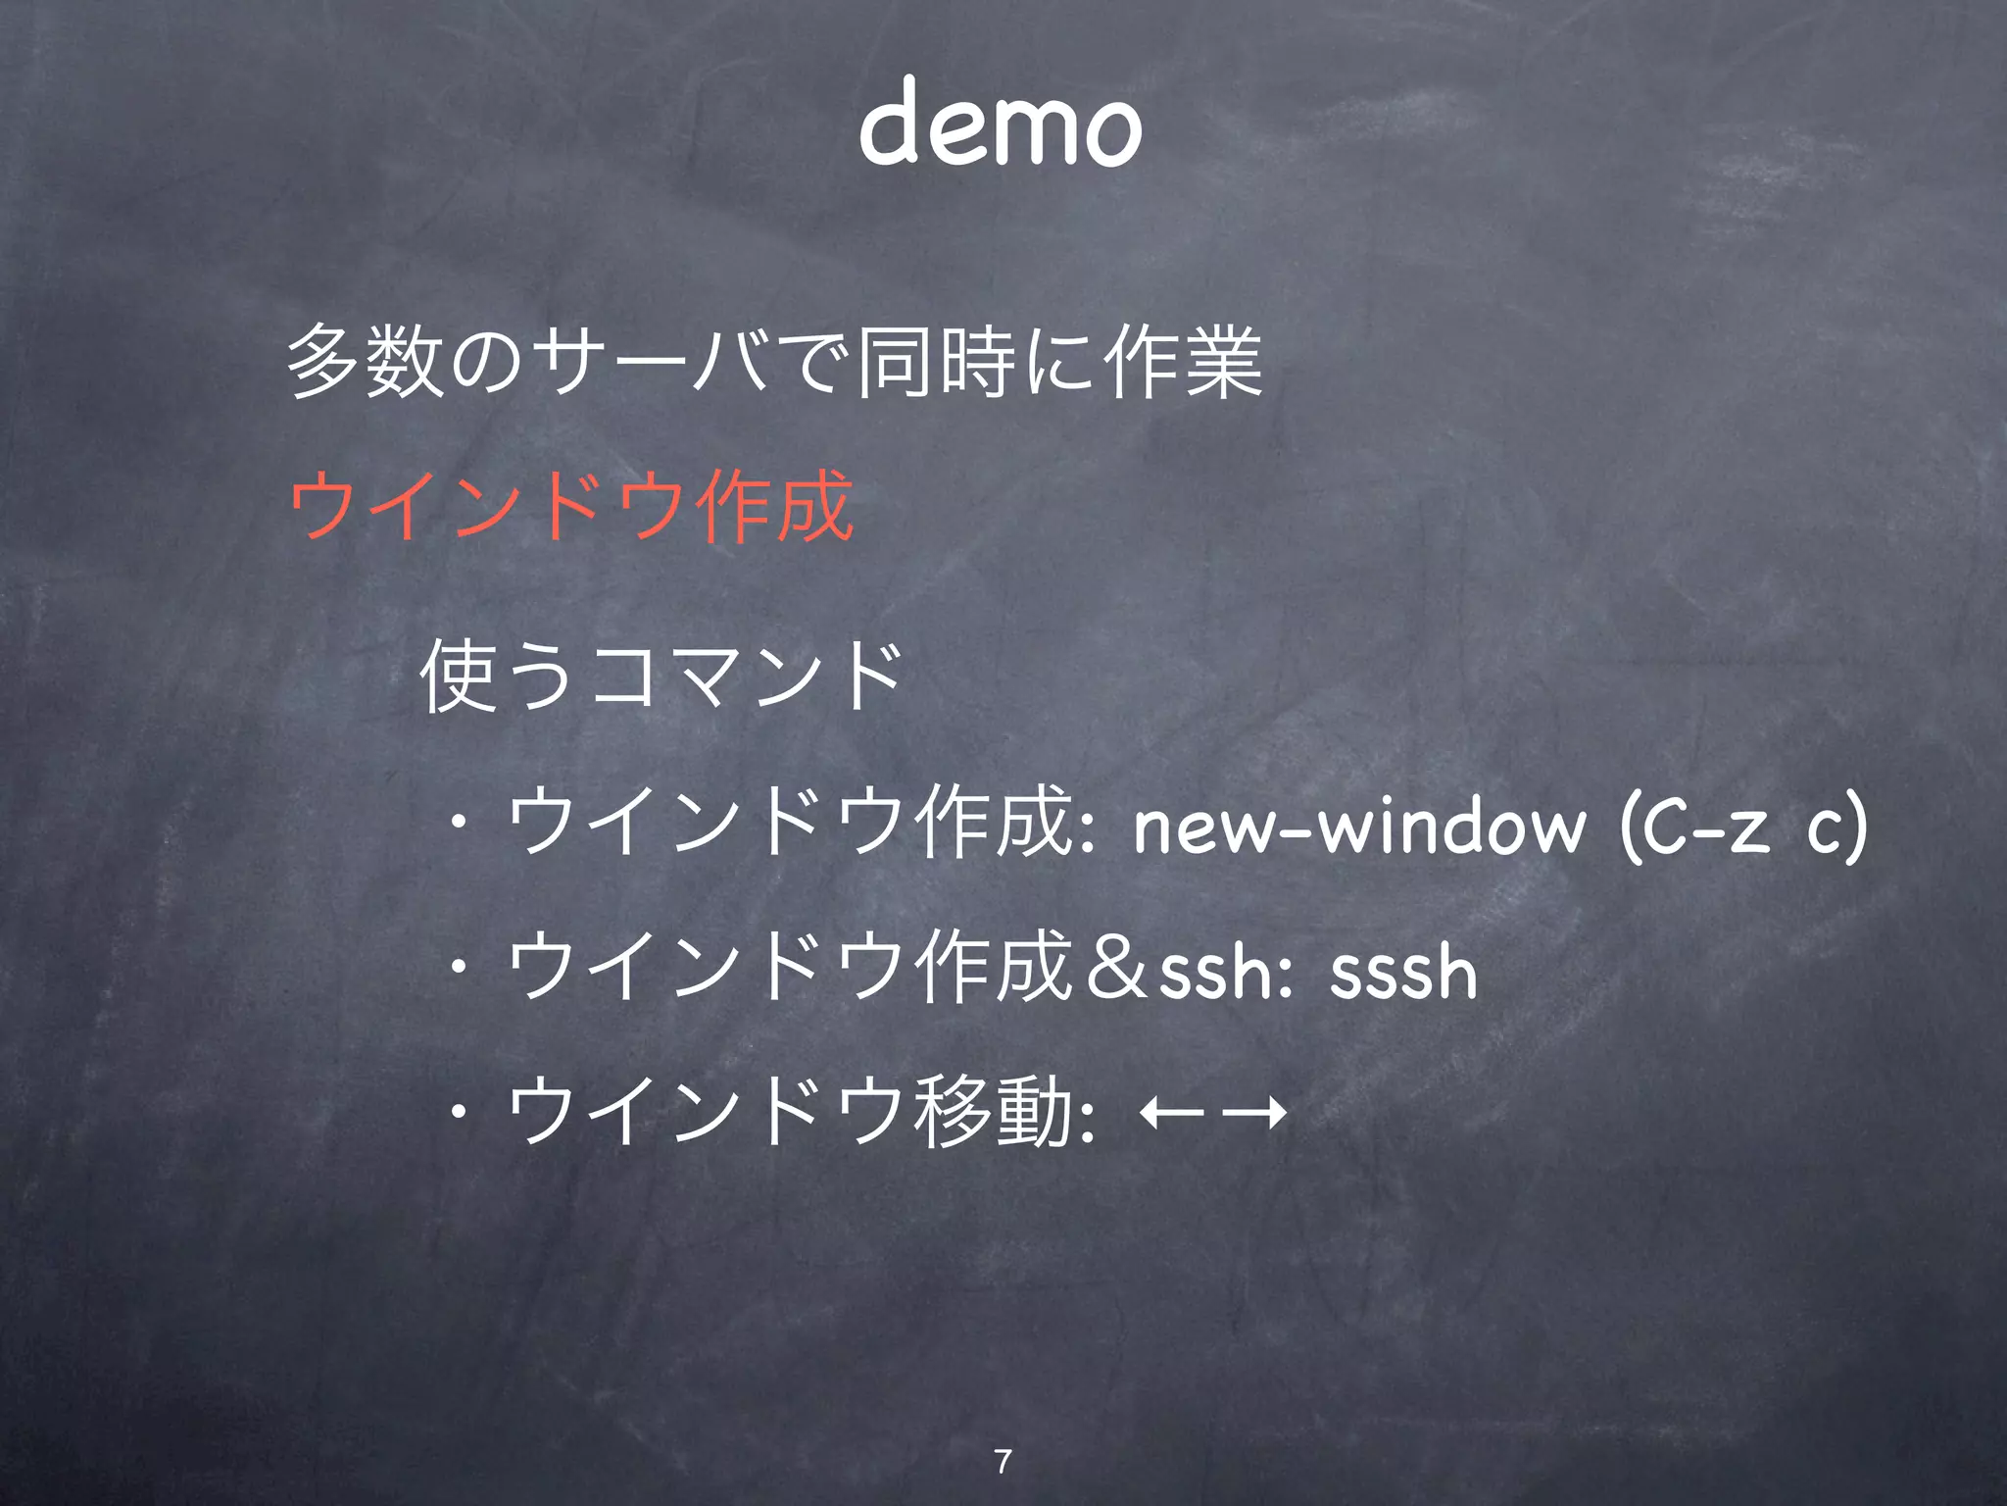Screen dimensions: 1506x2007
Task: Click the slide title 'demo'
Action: click(1001, 124)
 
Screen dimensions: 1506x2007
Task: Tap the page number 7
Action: click(1003, 1461)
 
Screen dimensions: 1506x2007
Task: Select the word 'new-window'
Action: click(1358, 825)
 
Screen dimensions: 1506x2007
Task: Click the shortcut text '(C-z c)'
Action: click(1743, 825)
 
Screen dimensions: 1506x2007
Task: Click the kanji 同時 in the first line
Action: click(937, 364)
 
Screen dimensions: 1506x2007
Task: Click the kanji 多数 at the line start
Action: click(366, 364)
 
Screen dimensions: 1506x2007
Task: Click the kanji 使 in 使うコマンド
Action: click(457, 676)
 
